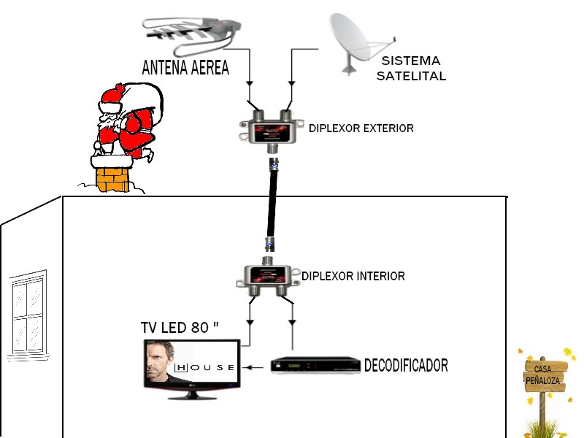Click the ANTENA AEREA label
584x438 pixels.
tap(185, 67)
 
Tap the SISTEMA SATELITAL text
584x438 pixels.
tap(411, 68)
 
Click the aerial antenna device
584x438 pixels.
tap(191, 34)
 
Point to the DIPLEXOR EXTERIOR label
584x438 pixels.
tap(361, 128)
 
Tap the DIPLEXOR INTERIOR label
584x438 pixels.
tap(353, 277)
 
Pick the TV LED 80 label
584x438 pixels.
tap(180, 328)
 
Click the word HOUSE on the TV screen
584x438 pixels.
tap(205, 368)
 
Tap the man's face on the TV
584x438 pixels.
tap(158, 361)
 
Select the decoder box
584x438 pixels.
tap(315, 364)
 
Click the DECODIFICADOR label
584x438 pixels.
tap(406, 366)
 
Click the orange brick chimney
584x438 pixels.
tap(112, 180)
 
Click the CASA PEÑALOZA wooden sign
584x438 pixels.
tap(545, 375)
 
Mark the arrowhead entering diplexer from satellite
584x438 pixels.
tap(291, 84)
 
